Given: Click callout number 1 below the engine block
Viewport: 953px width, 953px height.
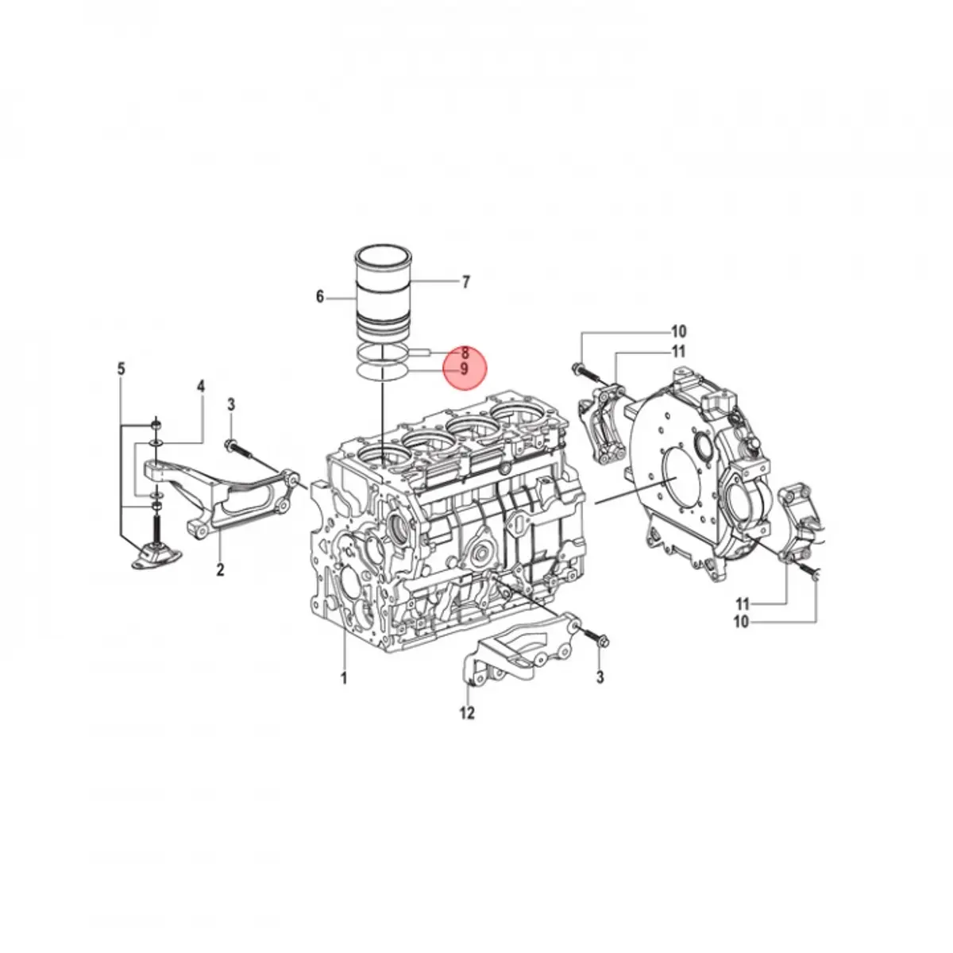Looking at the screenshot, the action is coord(344,678).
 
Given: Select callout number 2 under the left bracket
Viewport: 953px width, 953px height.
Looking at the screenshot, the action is coord(220,569).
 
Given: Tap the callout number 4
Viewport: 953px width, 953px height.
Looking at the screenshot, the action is coord(201,386).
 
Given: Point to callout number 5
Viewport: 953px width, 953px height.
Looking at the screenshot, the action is coord(122,369).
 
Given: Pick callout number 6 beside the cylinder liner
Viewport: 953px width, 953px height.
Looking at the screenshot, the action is coord(320,297).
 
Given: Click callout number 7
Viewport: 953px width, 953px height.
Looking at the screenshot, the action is coord(465,283).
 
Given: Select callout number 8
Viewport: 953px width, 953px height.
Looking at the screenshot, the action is coord(465,353).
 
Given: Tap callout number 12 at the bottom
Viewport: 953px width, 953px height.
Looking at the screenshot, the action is coord(467,712).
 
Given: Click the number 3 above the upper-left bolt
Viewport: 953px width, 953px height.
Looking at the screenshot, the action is coord(231,405).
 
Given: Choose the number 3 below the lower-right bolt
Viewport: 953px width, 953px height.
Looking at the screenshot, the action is coord(600,677).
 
